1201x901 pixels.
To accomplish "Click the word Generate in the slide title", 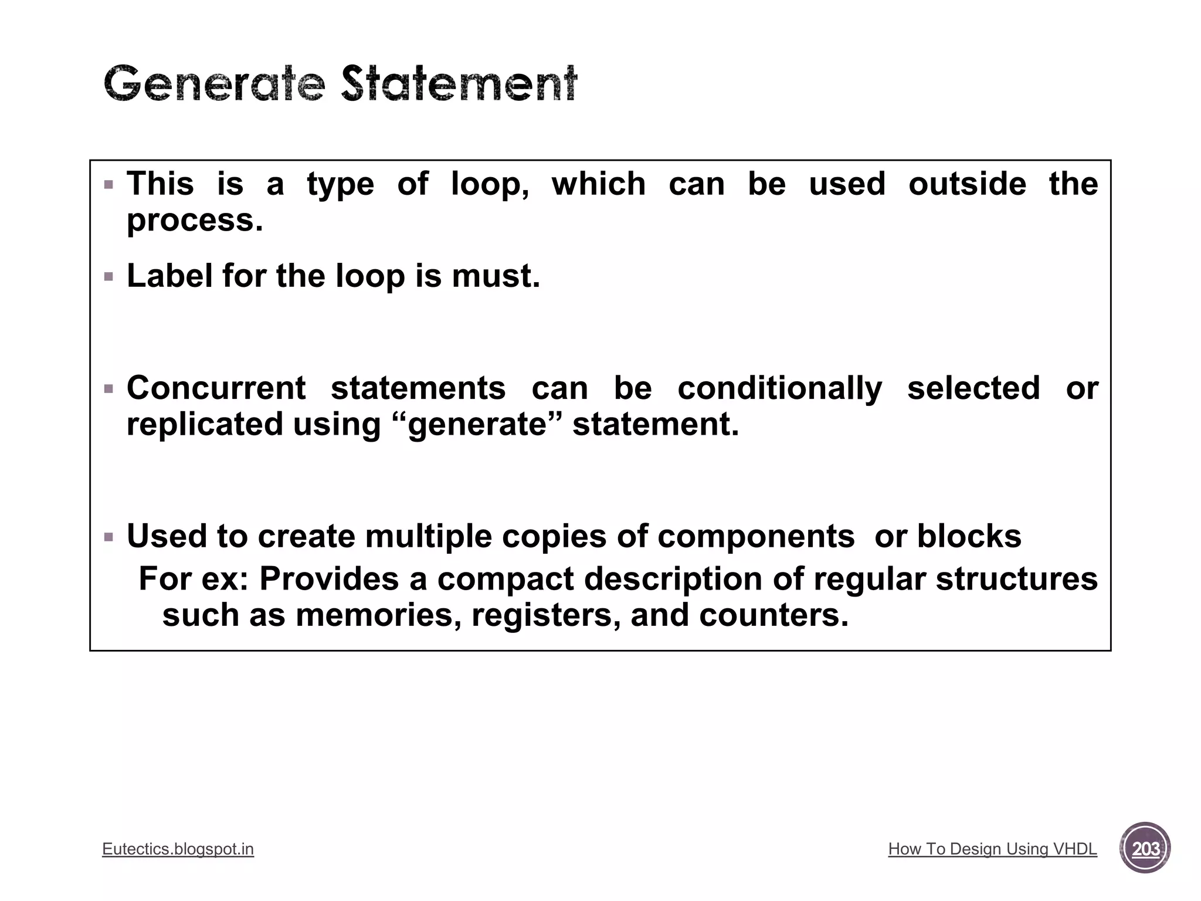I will click(214, 83).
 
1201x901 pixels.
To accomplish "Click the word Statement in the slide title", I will click(459, 83).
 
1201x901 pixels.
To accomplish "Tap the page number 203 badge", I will click(1145, 848).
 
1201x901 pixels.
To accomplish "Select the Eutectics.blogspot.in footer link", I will click(178, 849).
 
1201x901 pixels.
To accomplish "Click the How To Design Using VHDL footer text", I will click(992, 849).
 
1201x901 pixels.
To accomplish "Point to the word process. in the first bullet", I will click(195, 221).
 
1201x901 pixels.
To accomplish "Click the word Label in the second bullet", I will click(169, 275).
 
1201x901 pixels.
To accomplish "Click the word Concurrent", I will click(216, 388).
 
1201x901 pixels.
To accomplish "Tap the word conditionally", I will click(779, 388).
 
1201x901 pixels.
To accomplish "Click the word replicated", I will click(205, 424).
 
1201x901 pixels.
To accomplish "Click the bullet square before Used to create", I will click(108, 537).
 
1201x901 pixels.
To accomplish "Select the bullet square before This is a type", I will click(108, 185).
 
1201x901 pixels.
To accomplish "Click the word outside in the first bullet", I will click(967, 184).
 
